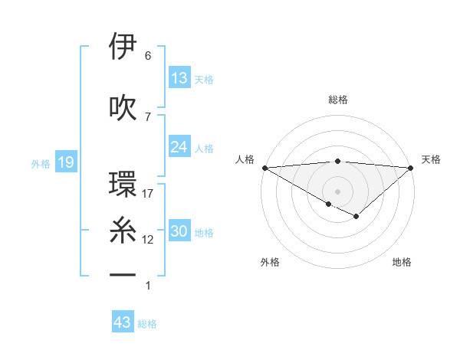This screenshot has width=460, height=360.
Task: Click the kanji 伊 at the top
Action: [123, 47]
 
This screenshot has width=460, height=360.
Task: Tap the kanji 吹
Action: [123, 107]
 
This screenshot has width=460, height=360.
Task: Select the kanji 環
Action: [123, 185]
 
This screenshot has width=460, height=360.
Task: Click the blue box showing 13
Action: [179, 78]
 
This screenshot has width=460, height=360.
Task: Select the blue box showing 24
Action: [179, 147]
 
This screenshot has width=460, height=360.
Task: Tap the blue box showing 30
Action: [179, 232]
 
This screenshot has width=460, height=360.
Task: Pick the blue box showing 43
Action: [123, 322]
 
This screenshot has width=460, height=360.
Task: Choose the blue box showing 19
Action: [65, 162]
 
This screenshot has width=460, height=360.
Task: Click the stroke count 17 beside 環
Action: [148, 194]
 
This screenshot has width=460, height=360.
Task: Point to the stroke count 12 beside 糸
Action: [148, 240]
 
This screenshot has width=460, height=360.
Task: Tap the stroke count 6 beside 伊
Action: [148, 56]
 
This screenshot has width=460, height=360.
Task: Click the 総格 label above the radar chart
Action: [337, 100]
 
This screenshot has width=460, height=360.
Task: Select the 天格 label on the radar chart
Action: [432, 159]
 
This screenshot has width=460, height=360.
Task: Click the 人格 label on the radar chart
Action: [245, 159]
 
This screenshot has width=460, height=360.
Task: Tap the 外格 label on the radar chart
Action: [269, 262]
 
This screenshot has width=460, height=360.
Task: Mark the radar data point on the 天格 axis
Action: [412, 167]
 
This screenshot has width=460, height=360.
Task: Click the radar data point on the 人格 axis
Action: [264, 167]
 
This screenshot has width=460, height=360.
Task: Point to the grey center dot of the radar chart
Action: [337, 190]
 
